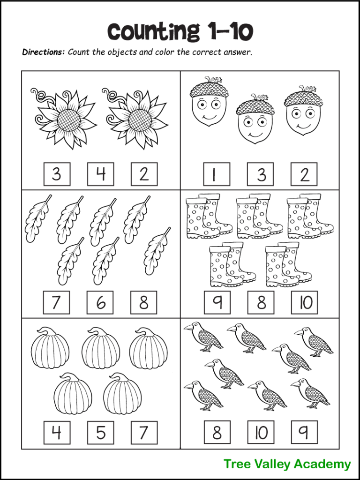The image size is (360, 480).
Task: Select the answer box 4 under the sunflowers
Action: (x=100, y=174)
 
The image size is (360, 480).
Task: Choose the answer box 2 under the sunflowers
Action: (x=144, y=174)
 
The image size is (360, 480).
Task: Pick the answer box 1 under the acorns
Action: (x=217, y=174)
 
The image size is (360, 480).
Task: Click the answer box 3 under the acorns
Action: (x=261, y=174)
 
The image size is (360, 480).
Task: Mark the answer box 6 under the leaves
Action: (x=100, y=302)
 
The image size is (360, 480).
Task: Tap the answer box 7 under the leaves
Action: (x=56, y=302)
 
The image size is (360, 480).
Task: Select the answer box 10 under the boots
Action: (x=304, y=302)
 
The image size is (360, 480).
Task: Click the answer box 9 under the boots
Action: (x=217, y=302)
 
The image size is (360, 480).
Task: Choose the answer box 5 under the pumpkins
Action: (x=100, y=432)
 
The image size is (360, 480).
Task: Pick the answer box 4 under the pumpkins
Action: (x=56, y=432)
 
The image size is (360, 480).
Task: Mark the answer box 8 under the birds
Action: (x=217, y=432)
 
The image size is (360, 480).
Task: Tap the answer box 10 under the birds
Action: (x=261, y=432)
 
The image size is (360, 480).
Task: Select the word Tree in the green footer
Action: (x=238, y=464)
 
